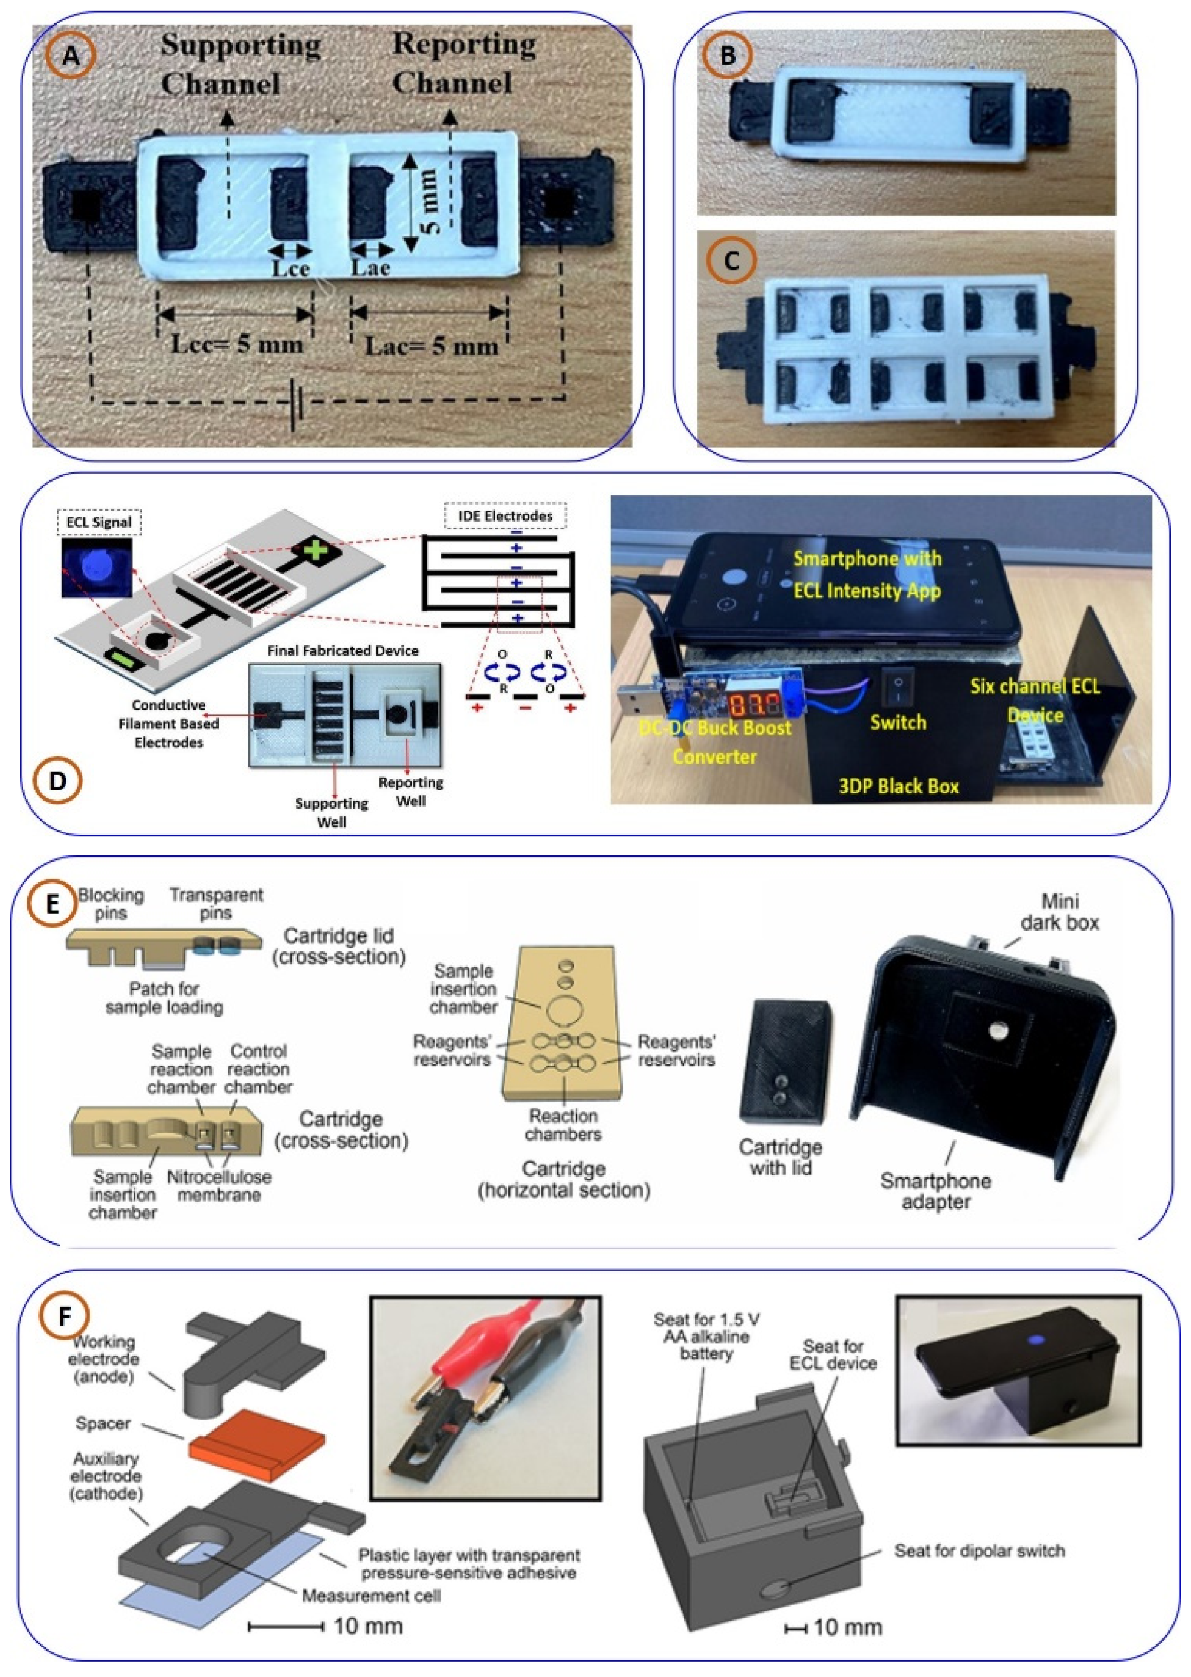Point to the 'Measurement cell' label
[371, 1596]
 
